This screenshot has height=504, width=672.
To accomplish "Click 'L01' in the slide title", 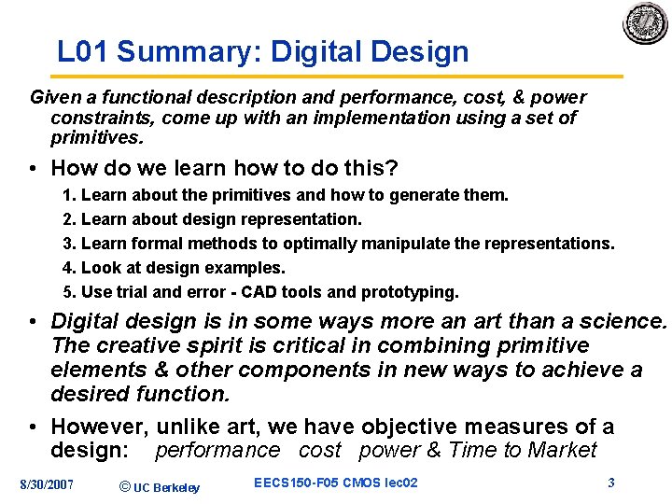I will point(83,52).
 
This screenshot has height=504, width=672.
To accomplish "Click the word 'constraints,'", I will point(97,118).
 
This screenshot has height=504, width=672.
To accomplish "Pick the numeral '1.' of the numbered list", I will point(69,195).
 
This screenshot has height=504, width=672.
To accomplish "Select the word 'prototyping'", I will point(412,292).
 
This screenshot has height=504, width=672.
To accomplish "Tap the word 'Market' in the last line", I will point(562,451).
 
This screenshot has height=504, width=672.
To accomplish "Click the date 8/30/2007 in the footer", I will point(47,483).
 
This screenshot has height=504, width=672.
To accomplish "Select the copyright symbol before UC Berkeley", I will point(126,485).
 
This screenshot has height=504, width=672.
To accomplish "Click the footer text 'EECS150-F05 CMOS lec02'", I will point(335,483).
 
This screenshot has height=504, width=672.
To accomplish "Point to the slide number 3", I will point(610,483).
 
